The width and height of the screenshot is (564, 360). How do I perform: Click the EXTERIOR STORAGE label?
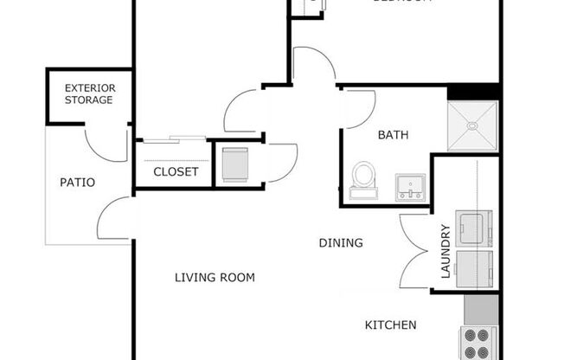(x=89, y=93)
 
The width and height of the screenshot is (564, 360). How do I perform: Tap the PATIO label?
(x=77, y=183)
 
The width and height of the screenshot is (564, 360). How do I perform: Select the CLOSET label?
(x=176, y=172)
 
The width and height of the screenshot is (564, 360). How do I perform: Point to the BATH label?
(x=393, y=136)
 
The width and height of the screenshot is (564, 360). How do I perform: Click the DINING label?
(x=341, y=243)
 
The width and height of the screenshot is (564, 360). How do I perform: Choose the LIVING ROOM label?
(x=215, y=278)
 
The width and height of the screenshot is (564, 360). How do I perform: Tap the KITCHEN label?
(x=390, y=325)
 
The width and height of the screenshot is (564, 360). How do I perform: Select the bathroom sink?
(x=410, y=186)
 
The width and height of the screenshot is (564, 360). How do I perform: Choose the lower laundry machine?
(x=476, y=267)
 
